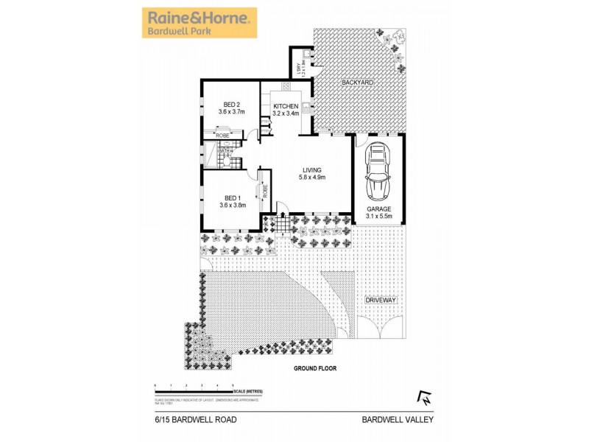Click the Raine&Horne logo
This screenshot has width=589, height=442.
point(199,22)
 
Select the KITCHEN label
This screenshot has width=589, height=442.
point(286,106)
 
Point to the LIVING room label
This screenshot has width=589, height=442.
point(312,169)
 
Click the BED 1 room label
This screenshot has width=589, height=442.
point(231,198)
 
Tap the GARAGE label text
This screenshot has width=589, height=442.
point(379,208)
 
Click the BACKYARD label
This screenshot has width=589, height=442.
point(358,83)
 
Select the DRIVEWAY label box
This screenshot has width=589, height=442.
point(381,301)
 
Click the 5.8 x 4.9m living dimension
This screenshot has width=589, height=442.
point(312,177)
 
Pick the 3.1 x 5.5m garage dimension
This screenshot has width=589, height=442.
point(379,216)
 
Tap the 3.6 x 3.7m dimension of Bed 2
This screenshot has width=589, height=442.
point(231,111)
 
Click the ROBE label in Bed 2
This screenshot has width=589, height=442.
point(222,136)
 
